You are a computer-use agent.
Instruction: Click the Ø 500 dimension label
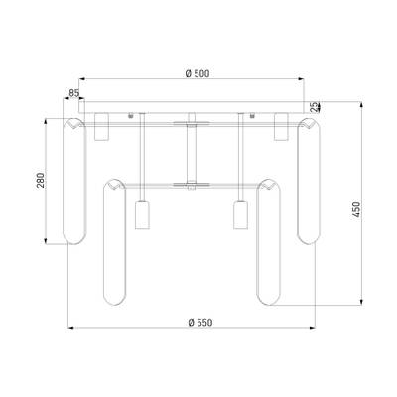[198, 73]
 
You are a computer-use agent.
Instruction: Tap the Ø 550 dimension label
[200, 322]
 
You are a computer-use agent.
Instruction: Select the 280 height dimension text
[40, 180]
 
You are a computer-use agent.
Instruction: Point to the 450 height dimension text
[356, 209]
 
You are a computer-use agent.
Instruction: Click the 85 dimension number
[74, 93]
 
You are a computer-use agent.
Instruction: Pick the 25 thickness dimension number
[314, 106]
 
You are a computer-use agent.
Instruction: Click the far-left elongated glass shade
[74, 182]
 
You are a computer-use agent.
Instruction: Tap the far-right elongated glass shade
[309, 182]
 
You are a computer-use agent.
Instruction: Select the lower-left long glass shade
[114, 242]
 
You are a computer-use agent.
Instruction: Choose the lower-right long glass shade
[269, 242]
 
